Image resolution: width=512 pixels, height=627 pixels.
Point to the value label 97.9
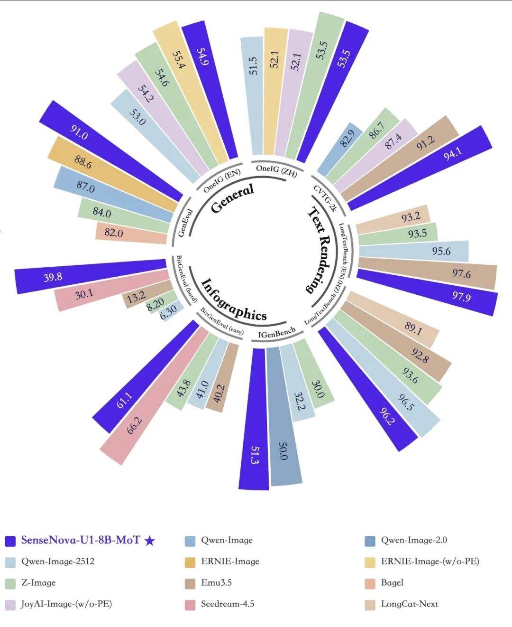tap(461, 297)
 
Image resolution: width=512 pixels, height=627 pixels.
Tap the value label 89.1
tap(413, 327)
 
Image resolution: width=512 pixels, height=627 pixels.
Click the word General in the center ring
tap(232, 198)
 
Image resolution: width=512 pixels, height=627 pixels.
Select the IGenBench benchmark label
tap(276, 333)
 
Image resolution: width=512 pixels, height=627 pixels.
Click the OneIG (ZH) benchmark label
tap(276, 170)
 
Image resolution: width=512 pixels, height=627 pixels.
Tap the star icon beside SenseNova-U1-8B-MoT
tap(149, 541)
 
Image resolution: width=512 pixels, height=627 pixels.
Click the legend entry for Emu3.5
tap(216, 582)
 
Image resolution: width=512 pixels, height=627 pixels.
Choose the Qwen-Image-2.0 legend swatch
tap(370, 541)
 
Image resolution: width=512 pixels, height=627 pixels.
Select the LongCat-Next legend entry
tap(409, 604)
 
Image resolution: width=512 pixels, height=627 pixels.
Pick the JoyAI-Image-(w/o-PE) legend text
tap(66, 604)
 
